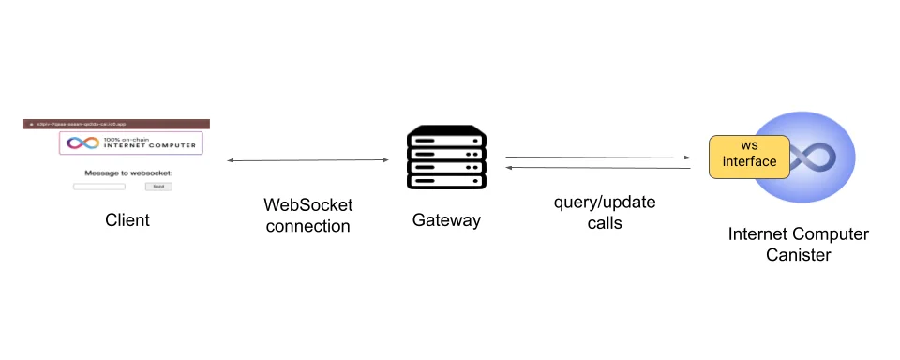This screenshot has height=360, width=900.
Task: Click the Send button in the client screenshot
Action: point(158,187)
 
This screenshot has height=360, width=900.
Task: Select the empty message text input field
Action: point(99,187)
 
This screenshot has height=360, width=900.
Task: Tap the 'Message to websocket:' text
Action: point(129,172)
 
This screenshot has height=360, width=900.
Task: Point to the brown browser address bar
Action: point(116,124)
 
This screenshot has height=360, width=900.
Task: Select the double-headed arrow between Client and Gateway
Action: point(307,161)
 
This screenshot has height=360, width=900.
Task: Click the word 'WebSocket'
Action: point(308,205)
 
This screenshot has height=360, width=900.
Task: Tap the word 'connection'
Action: point(308,226)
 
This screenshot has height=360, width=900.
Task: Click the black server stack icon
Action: point(446,159)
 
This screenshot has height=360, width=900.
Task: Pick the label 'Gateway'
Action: point(446,220)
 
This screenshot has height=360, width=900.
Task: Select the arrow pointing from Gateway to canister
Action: point(598,157)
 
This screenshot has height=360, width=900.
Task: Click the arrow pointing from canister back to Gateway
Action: point(598,168)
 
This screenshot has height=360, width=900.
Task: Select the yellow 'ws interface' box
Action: point(749,155)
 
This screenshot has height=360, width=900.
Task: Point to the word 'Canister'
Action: point(798,254)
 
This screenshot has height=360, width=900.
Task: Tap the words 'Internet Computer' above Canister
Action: point(798,233)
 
